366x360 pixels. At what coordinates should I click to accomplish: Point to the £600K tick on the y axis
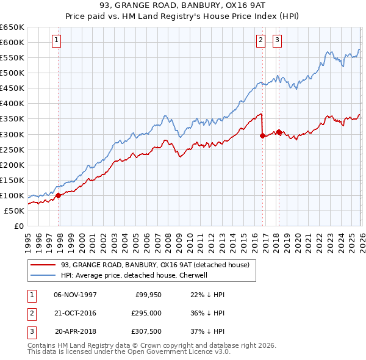click(x=12, y=42)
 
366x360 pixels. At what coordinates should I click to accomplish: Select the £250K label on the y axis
click(x=12, y=149)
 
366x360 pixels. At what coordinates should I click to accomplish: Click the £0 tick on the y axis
click(x=19, y=226)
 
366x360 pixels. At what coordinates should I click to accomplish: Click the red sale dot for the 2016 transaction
click(x=263, y=135)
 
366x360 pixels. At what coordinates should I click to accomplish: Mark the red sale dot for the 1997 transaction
click(x=59, y=195)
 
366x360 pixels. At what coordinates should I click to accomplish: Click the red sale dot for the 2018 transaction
click(x=279, y=132)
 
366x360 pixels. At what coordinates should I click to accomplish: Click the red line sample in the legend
click(x=43, y=265)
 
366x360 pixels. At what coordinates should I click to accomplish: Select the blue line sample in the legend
click(x=43, y=275)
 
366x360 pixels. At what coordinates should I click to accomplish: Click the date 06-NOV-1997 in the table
click(x=75, y=295)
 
